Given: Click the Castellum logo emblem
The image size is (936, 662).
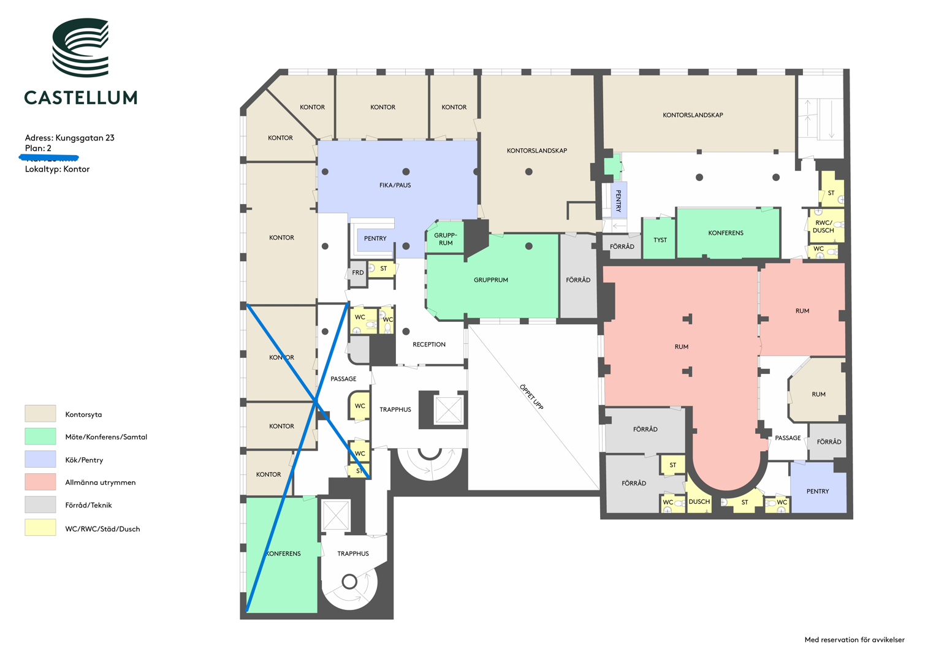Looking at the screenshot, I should pyautogui.click(x=80, y=47).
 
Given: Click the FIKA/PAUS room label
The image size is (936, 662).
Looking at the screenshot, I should pyautogui.click(x=395, y=185).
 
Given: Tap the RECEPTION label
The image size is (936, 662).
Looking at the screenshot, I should pyautogui.click(x=428, y=344).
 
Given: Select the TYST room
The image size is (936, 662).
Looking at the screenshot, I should pyautogui.click(x=660, y=240).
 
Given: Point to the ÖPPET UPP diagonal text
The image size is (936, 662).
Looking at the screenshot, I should pyautogui.click(x=531, y=397).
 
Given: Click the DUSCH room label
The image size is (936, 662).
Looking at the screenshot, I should pyautogui.click(x=699, y=501).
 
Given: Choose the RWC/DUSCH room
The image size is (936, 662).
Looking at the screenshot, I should pyautogui.click(x=823, y=227).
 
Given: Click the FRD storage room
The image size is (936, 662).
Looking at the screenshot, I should pyautogui.click(x=357, y=273).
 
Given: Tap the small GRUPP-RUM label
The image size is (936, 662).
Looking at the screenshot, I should pyautogui.click(x=446, y=239).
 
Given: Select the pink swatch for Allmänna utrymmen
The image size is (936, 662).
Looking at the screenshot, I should pyautogui.click(x=40, y=482).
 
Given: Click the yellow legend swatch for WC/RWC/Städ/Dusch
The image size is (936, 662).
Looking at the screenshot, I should pyautogui.click(x=40, y=528).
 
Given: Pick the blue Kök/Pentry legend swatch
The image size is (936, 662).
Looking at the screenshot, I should pyautogui.click(x=40, y=459).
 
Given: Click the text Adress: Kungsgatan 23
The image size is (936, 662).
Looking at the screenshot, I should pyautogui.click(x=69, y=138).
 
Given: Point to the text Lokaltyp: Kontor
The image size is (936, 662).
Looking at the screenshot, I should pyautogui.click(x=57, y=169).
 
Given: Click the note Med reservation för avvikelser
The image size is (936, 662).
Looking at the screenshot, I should pyautogui.click(x=854, y=640).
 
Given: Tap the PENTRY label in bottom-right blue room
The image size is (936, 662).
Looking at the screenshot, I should pyautogui.click(x=817, y=491).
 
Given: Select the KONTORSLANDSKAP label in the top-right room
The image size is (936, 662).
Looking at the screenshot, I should pyautogui.click(x=693, y=115).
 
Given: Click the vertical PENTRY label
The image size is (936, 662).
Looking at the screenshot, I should pyautogui.click(x=618, y=200).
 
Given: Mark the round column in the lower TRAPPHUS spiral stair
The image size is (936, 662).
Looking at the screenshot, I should pyautogui.click(x=349, y=581).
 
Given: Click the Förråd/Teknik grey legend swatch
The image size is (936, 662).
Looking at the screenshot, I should pyautogui.click(x=40, y=504).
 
